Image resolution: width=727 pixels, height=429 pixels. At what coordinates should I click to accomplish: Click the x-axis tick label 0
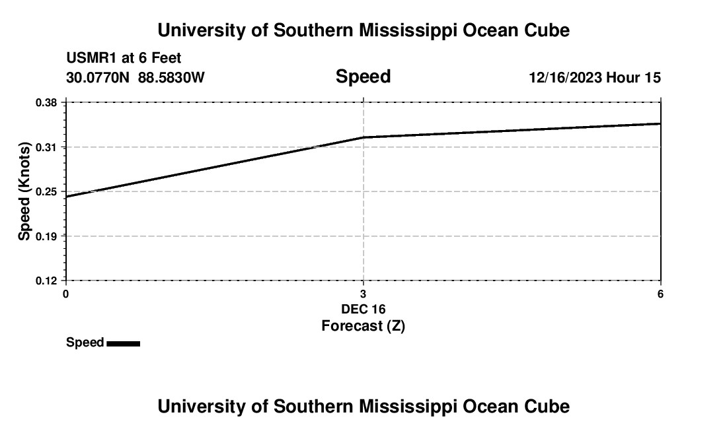click(65, 294)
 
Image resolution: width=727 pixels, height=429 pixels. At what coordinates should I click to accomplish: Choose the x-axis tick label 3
click(363, 294)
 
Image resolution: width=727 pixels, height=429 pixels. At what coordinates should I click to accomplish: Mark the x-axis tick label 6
click(660, 294)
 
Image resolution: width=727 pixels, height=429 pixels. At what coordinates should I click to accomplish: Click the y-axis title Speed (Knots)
click(24, 191)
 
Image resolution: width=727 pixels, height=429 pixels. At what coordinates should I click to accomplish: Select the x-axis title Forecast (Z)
click(363, 325)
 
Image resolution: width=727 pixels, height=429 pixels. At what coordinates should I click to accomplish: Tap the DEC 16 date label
click(363, 309)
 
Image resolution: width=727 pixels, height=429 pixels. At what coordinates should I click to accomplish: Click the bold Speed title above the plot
click(363, 77)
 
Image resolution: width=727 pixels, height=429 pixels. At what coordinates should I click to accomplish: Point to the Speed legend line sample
click(123, 343)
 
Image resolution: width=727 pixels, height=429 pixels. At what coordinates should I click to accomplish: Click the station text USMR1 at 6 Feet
click(124, 59)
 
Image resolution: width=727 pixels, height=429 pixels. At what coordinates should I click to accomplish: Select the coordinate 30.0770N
click(98, 78)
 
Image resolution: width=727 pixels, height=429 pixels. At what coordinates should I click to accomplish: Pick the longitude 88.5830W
click(172, 78)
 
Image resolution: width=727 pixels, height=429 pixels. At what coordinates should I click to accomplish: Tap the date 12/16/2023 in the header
click(565, 78)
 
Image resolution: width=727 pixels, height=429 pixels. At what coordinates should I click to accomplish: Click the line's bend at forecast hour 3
click(363, 137)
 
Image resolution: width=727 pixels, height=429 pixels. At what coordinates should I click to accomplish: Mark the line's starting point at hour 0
click(66, 197)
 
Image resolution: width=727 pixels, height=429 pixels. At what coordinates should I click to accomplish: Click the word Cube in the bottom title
click(547, 407)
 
